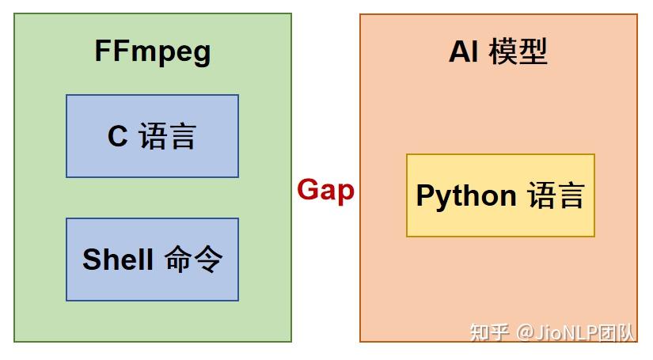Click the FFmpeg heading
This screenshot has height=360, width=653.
click(x=153, y=52)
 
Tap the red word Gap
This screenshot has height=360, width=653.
click(x=325, y=191)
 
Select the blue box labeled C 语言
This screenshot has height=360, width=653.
click(x=152, y=136)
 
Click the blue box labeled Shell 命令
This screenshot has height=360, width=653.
click(x=152, y=260)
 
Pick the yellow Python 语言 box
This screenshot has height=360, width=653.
click(x=500, y=195)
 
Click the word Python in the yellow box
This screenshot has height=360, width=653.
click(x=466, y=196)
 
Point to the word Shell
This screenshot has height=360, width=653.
click(x=118, y=260)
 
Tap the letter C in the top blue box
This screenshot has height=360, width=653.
click(x=117, y=137)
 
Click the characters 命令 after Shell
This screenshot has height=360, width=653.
click(x=194, y=260)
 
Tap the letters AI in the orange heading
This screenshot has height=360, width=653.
click(x=464, y=52)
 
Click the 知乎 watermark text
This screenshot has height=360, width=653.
click(x=489, y=332)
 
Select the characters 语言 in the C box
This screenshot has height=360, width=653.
click(x=167, y=137)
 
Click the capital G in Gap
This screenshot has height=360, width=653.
click(x=307, y=190)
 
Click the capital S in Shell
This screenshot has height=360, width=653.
click(x=90, y=260)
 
